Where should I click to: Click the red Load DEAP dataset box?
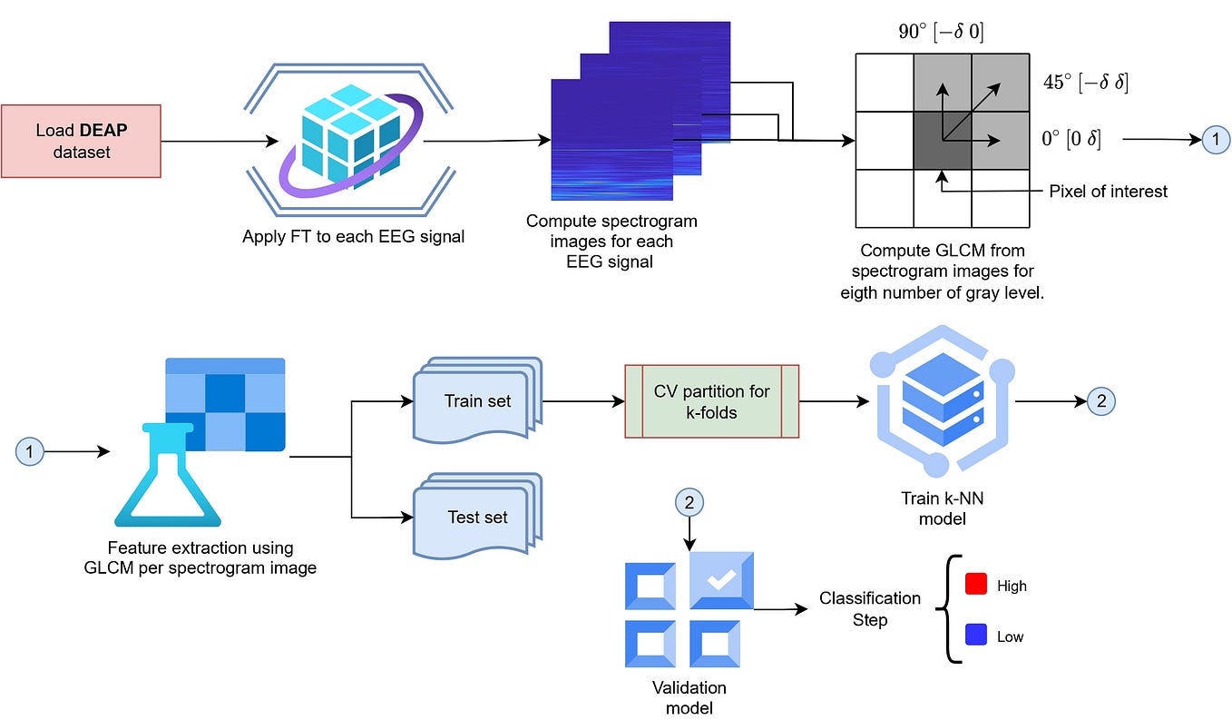point(81,141)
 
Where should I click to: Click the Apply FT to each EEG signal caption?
point(353,237)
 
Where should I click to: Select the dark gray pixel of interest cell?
point(943,141)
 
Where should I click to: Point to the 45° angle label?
point(1085,83)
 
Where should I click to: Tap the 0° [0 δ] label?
point(1071,141)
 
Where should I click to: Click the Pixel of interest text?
point(1108,191)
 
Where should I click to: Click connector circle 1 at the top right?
point(1215,140)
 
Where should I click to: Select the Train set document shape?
point(475,402)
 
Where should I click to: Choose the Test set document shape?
point(475,518)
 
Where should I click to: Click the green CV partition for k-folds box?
point(711,401)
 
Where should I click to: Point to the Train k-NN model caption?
point(940,508)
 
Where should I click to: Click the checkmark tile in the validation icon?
point(721,582)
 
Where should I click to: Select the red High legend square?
point(975,585)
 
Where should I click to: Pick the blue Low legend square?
point(975,636)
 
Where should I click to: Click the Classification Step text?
point(869,608)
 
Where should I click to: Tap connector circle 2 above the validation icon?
point(689,502)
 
